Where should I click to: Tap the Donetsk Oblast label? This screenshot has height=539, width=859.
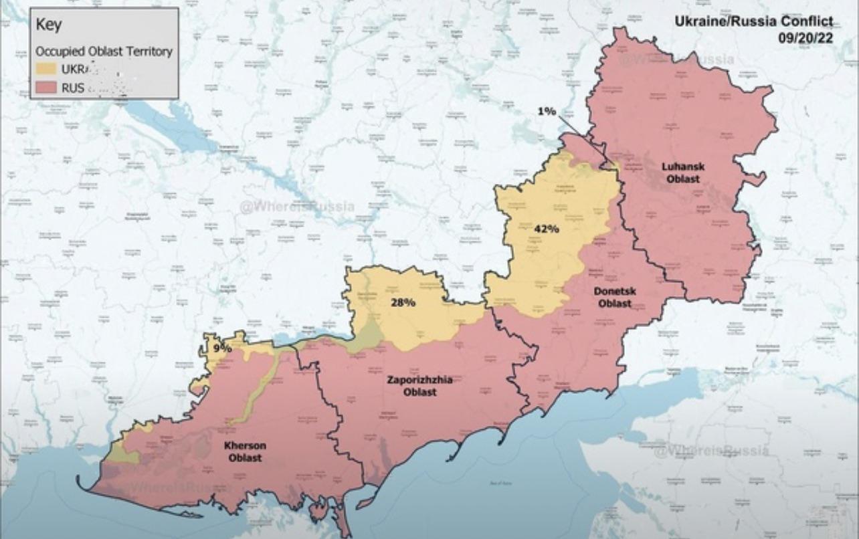[614, 297]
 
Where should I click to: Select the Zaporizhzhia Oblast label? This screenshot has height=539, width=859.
[419, 385]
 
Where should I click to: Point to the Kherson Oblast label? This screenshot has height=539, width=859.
[244, 451]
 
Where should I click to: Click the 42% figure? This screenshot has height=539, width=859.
[546, 229]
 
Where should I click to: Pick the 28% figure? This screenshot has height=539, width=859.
[403, 302]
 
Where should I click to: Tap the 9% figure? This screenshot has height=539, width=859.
[222, 348]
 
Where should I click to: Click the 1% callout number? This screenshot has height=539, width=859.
[547, 111]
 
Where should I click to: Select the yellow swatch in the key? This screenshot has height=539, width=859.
[45, 69]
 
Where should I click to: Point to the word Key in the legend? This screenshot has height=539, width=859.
[48, 25]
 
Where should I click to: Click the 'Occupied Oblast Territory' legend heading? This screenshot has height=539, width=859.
[104, 51]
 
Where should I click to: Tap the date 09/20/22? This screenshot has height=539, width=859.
[805, 37]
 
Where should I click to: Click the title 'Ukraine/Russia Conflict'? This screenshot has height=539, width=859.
[753, 21]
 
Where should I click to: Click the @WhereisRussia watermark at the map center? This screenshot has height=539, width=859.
[297, 207]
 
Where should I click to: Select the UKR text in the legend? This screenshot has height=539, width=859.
[72, 69]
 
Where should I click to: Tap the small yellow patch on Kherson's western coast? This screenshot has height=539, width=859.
[123, 455]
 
